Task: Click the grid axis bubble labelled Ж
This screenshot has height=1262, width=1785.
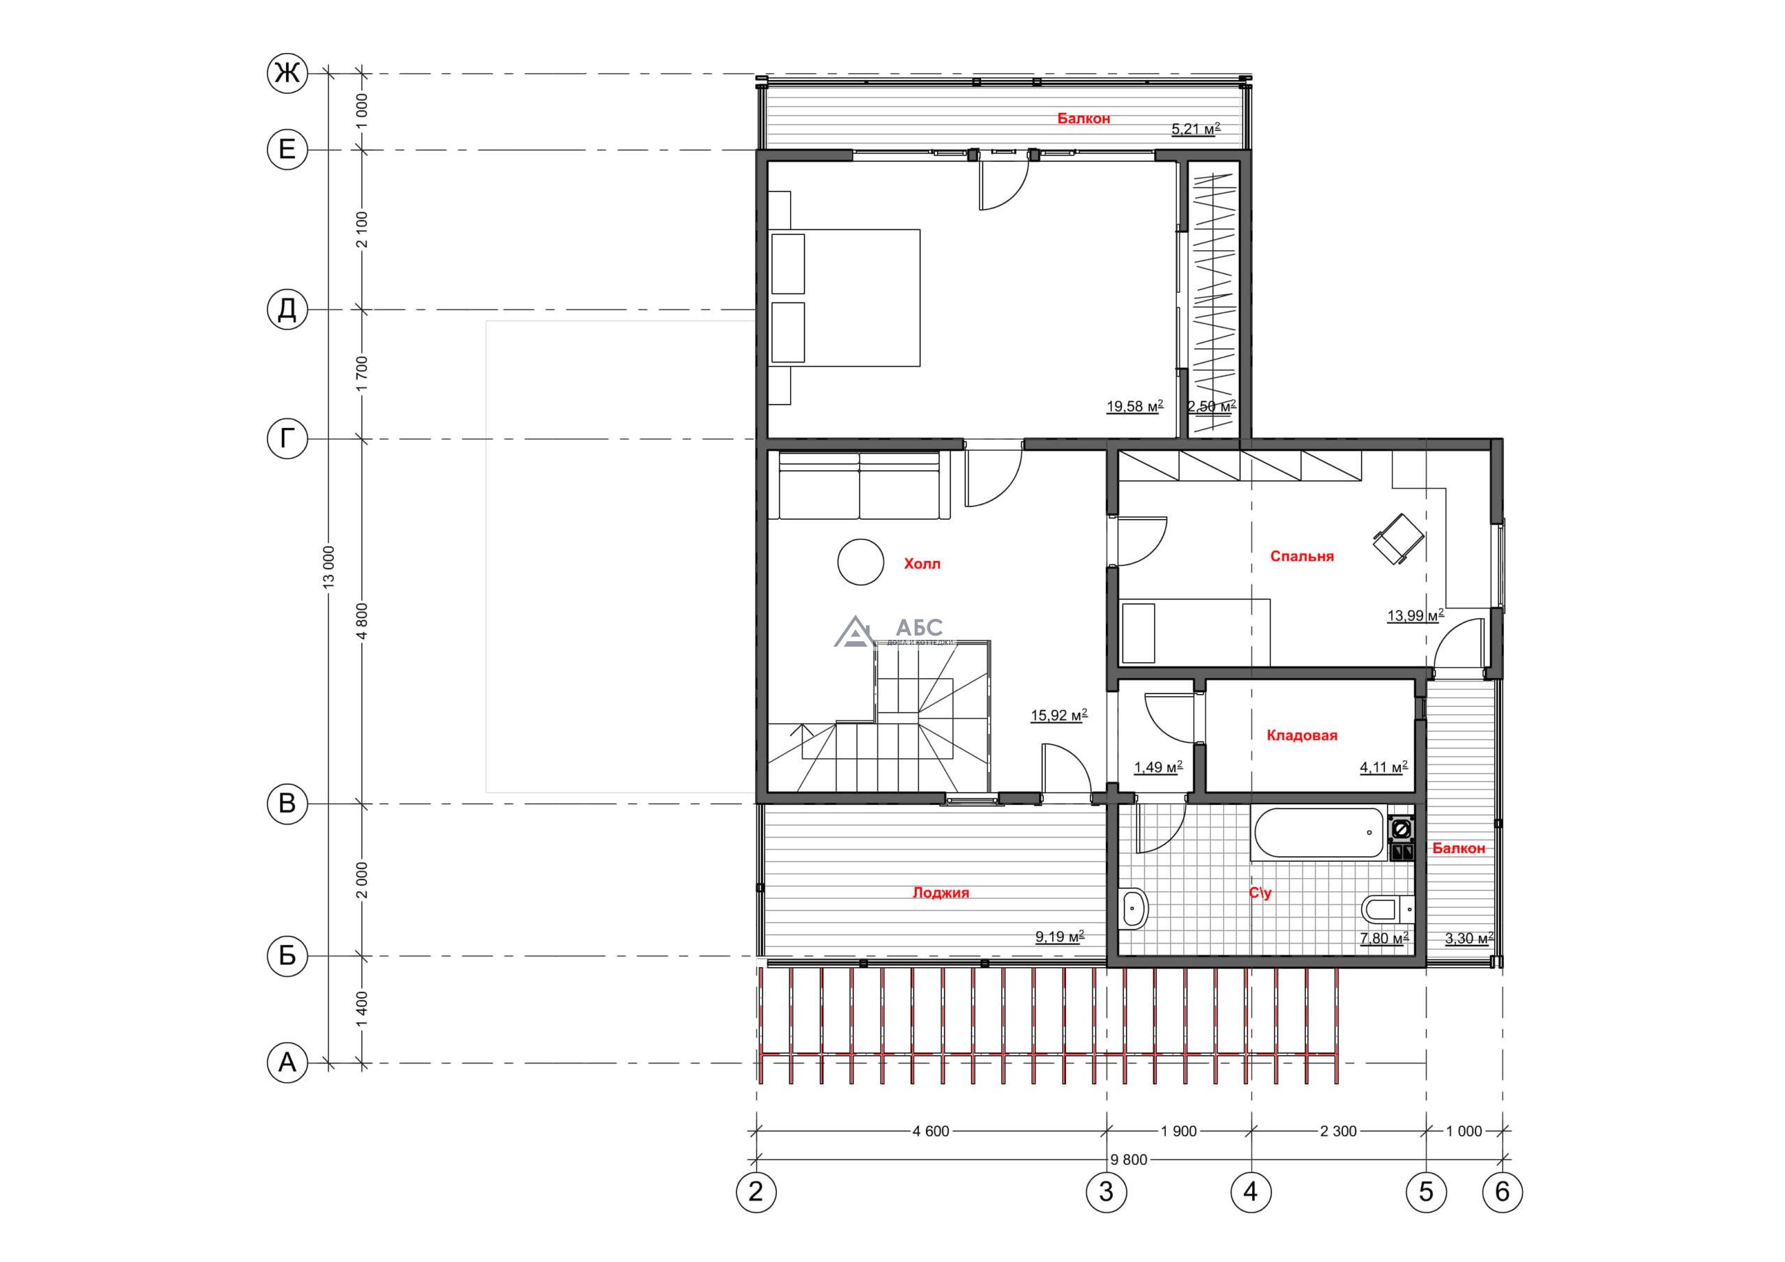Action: click(287, 74)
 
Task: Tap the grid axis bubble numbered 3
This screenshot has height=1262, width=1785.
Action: click(1106, 1192)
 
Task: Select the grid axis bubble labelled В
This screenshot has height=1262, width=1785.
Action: click(287, 803)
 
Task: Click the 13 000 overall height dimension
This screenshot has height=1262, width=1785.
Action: click(329, 567)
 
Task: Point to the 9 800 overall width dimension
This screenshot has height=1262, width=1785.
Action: click(1129, 1160)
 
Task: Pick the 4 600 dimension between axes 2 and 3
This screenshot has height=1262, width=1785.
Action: click(931, 1132)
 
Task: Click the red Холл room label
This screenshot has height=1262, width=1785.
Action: click(922, 563)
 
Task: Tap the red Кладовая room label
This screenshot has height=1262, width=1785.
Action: click(1302, 735)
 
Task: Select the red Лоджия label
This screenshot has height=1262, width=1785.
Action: click(941, 893)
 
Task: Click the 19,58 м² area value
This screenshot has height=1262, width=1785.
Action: click(1135, 406)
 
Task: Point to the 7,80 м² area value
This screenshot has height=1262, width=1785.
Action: click(1385, 938)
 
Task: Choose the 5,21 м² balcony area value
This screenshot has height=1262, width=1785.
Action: click(1196, 129)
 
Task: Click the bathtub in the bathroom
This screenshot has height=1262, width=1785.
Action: click(1318, 834)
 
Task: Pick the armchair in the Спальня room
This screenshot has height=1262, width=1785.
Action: click(1399, 539)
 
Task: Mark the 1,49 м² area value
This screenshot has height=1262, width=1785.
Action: click(1158, 767)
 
